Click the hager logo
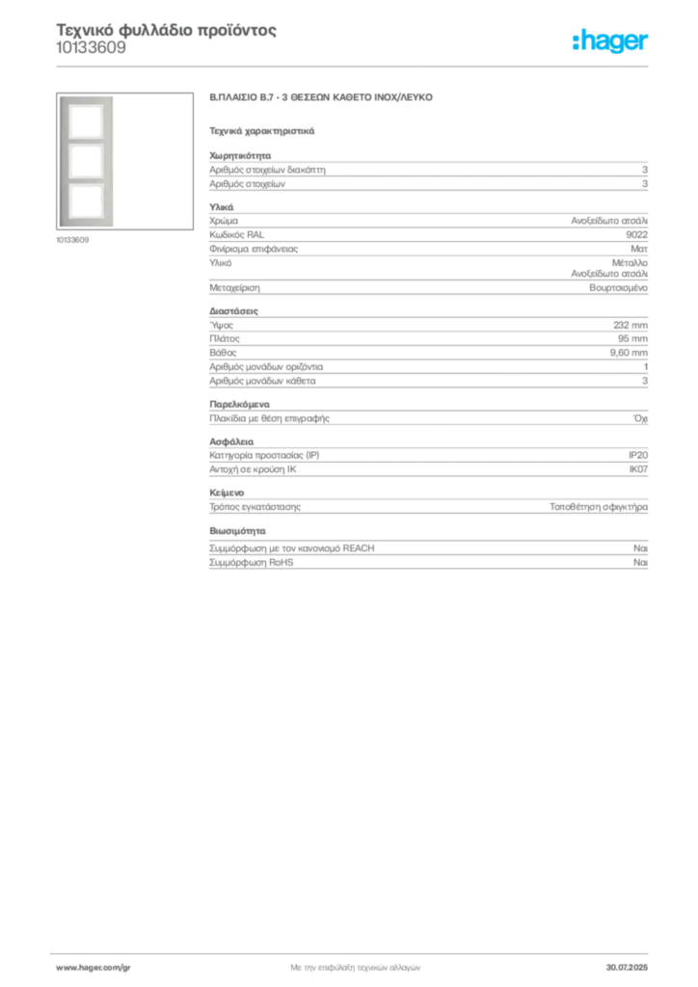[x=610, y=41]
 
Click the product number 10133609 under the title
[x=92, y=48]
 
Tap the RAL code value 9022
[x=636, y=235]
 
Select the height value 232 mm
[x=630, y=325]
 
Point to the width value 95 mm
[x=632, y=338]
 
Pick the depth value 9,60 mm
[x=629, y=353]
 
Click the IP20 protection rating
[x=637, y=455]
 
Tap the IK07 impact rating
[x=638, y=469]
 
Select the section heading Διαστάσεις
[x=233, y=311]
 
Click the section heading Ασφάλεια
[x=231, y=441]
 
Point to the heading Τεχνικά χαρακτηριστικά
[x=262, y=131]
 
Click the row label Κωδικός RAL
[x=236, y=235]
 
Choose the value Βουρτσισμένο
[x=618, y=287]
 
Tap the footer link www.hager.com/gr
[x=94, y=968]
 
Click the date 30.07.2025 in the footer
[x=627, y=968]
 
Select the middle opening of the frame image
[x=86, y=162]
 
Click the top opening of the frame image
[x=86, y=121]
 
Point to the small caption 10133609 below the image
[x=72, y=240]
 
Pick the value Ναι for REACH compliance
[x=640, y=548]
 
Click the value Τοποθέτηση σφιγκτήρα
[x=599, y=507]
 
